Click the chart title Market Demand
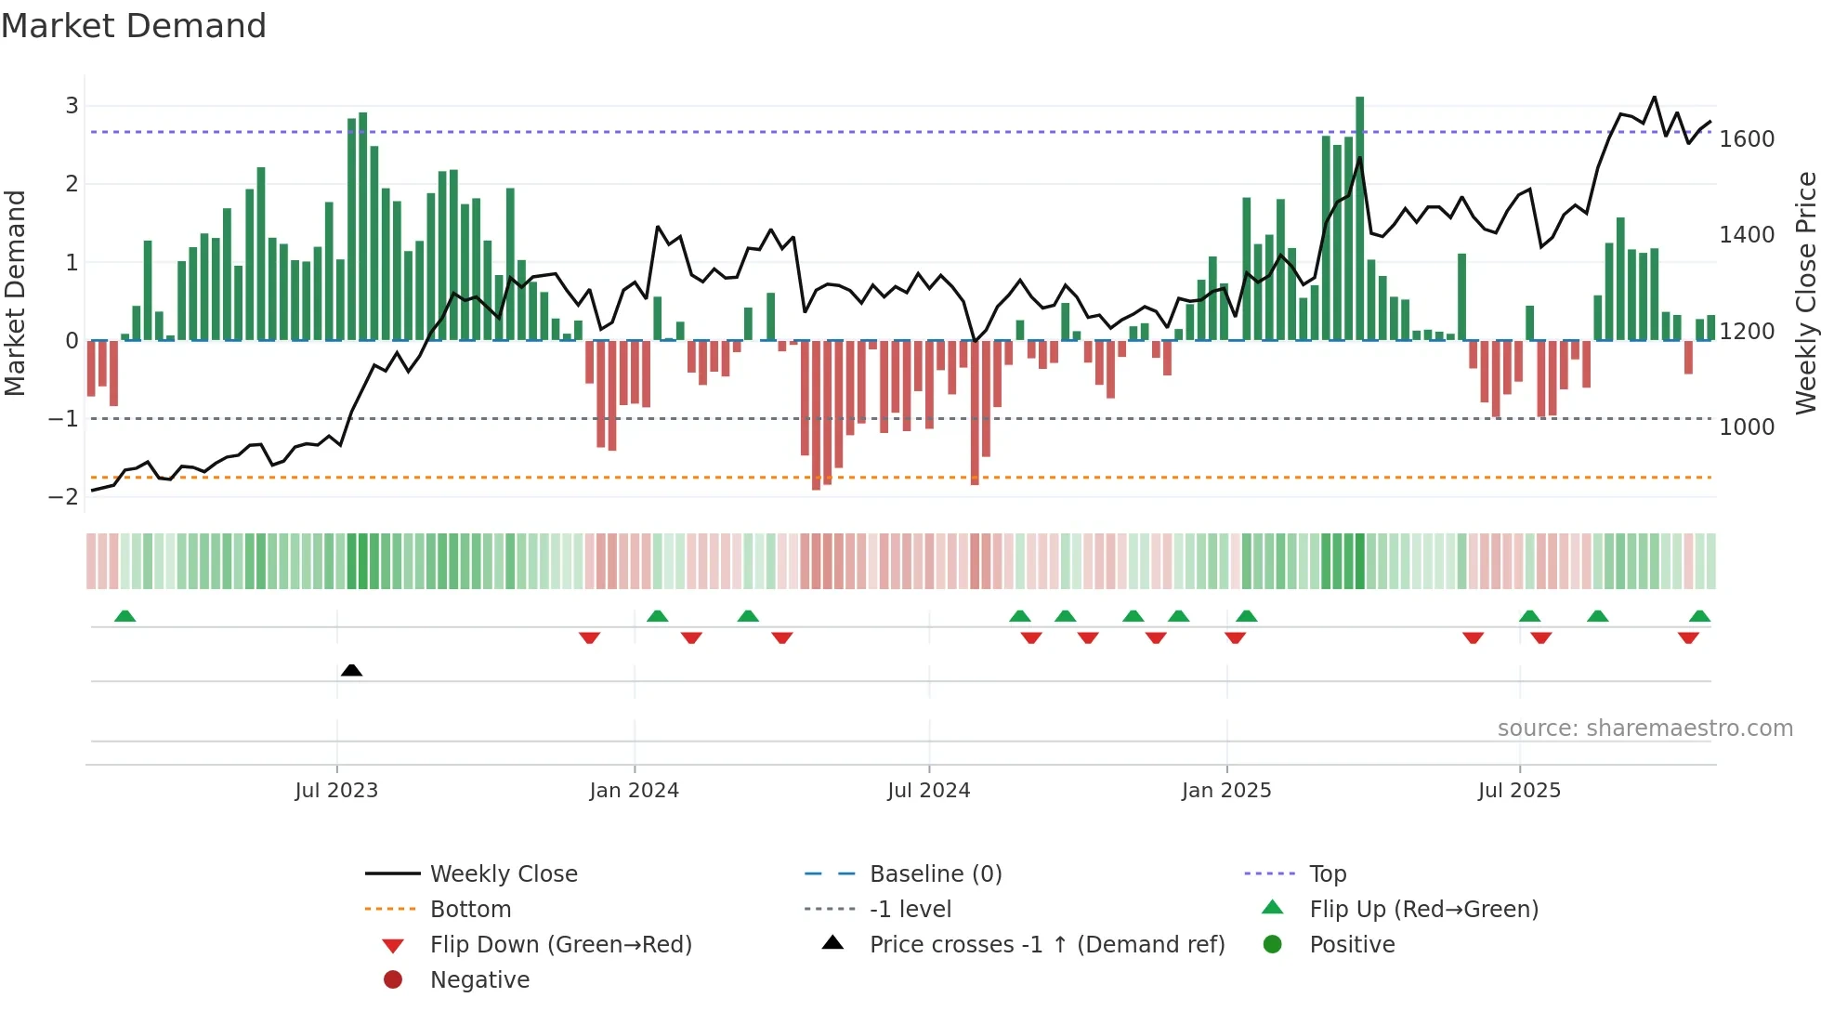click(134, 26)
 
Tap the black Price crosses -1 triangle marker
click(351, 670)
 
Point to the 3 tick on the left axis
click(72, 106)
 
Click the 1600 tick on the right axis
click(1747, 139)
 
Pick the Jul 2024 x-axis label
click(928, 791)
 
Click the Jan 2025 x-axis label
click(1225, 791)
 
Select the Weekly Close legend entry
click(503, 874)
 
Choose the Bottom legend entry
click(470, 910)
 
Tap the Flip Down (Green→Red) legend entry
click(560, 945)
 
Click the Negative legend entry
click(479, 980)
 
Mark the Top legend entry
click(1327, 874)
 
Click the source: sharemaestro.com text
click(1644, 729)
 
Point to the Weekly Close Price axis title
click(1805, 293)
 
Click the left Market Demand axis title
click(15, 293)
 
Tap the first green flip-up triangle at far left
click(124, 616)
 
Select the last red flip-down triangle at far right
click(1688, 637)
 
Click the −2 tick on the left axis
click(64, 497)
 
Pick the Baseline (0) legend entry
click(935, 874)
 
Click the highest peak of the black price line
click(1654, 98)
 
